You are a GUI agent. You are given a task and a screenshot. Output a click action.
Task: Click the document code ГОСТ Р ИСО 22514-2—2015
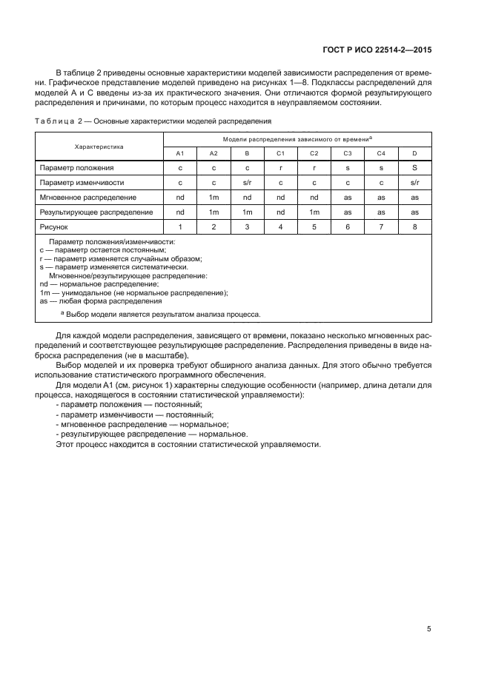386,50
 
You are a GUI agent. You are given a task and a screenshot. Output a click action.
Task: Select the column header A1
179,153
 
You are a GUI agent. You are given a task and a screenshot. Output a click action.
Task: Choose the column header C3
347,153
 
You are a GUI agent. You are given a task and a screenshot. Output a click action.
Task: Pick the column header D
414,153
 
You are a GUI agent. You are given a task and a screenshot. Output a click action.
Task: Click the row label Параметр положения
77,168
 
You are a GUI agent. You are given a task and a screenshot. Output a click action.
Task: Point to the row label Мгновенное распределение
87,198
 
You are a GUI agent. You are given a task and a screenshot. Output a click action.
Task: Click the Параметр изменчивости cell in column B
247,183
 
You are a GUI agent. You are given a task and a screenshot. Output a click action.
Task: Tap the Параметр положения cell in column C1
280,168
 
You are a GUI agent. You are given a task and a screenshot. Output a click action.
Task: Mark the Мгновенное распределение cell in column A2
213,198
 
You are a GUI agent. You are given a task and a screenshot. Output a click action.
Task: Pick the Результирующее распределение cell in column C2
314,212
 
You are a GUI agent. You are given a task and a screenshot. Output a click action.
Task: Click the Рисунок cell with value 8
414,226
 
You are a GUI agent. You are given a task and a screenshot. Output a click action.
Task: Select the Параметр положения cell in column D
414,168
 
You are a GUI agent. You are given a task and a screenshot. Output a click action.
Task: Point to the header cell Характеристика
99,147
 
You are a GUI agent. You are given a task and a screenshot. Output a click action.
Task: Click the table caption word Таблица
56,121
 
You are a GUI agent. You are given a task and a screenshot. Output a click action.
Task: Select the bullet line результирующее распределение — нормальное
152,434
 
